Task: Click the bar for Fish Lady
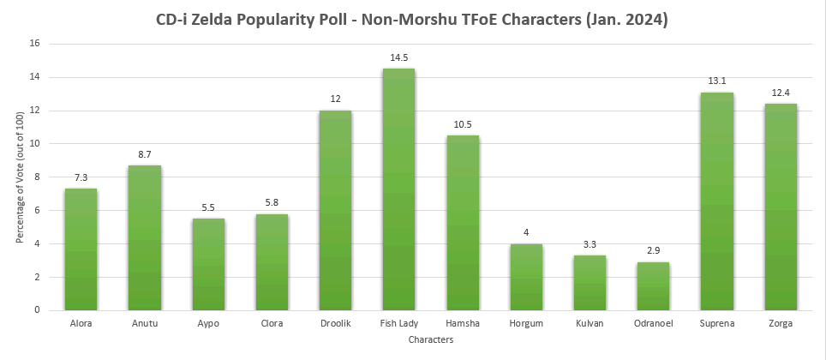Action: [x=398, y=189]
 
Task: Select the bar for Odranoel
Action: [x=653, y=286]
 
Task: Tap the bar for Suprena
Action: [x=716, y=201]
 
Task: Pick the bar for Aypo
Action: [x=208, y=264]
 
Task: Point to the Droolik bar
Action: [x=335, y=210]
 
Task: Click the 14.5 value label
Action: [x=398, y=58]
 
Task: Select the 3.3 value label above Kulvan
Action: [x=590, y=246]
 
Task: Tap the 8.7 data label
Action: [x=145, y=155]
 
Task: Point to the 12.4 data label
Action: [x=780, y=93]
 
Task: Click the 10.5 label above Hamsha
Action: [x=463, y=125]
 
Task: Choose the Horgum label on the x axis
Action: [x=525, y=324]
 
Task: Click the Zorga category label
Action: [x=780, y=324]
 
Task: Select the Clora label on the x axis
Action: [x=272, y=324]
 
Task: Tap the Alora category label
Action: [x=81, y=324]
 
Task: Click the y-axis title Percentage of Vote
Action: [x=21, y=177]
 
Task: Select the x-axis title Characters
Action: [x=431, y=340]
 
